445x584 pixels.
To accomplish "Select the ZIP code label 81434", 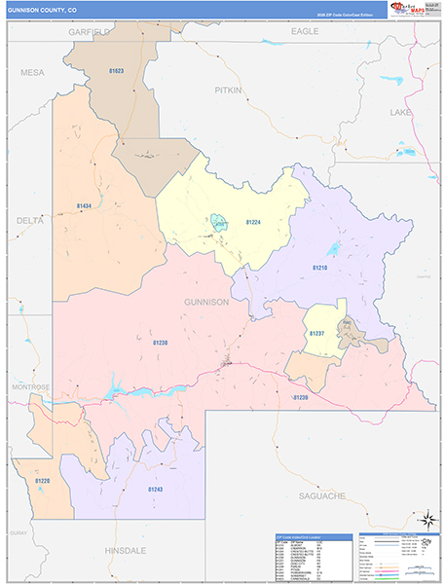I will coord(84,206).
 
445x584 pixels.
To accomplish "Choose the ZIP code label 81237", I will coord(316,334).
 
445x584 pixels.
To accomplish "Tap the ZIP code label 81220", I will coord(42,481).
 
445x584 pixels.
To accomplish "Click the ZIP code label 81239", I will coord(301,398).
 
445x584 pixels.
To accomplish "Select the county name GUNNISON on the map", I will coord(205,302).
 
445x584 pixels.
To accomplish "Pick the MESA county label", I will coord(32,72).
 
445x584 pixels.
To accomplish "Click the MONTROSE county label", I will coord(31,386).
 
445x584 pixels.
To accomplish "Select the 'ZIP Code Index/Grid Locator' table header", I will coord(303,537).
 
